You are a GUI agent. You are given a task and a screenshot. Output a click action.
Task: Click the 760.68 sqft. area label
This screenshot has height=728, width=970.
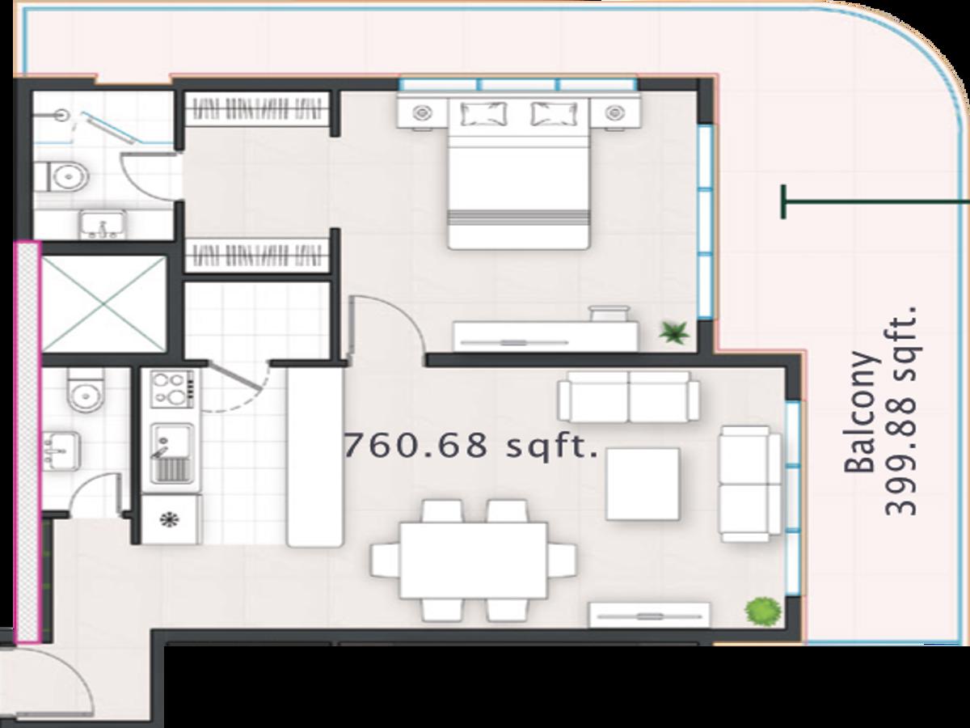470,445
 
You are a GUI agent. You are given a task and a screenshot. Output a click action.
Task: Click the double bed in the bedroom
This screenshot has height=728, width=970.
519,172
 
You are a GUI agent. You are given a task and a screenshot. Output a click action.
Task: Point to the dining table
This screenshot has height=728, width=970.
474,561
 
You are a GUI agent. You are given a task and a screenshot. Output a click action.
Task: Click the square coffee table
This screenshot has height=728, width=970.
643,484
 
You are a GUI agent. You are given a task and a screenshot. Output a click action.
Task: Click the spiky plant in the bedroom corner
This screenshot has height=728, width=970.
674,332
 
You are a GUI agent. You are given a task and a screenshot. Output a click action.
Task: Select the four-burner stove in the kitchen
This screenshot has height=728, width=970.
172,389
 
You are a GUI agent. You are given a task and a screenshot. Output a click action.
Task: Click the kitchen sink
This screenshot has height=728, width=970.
173,454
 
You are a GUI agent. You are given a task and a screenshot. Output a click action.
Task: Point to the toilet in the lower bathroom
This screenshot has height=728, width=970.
86,389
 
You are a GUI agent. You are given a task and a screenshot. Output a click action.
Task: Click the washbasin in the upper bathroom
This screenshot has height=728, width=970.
103,224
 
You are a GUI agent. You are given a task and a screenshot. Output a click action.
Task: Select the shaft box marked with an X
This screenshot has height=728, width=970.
103,305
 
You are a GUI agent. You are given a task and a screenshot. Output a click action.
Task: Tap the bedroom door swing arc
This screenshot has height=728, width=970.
401,312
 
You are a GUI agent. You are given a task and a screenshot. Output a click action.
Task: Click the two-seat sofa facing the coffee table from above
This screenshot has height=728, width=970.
628,396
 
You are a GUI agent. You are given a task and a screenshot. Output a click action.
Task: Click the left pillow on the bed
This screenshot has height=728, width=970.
483,113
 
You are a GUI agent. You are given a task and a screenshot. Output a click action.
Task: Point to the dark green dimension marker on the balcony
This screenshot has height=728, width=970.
875,202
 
